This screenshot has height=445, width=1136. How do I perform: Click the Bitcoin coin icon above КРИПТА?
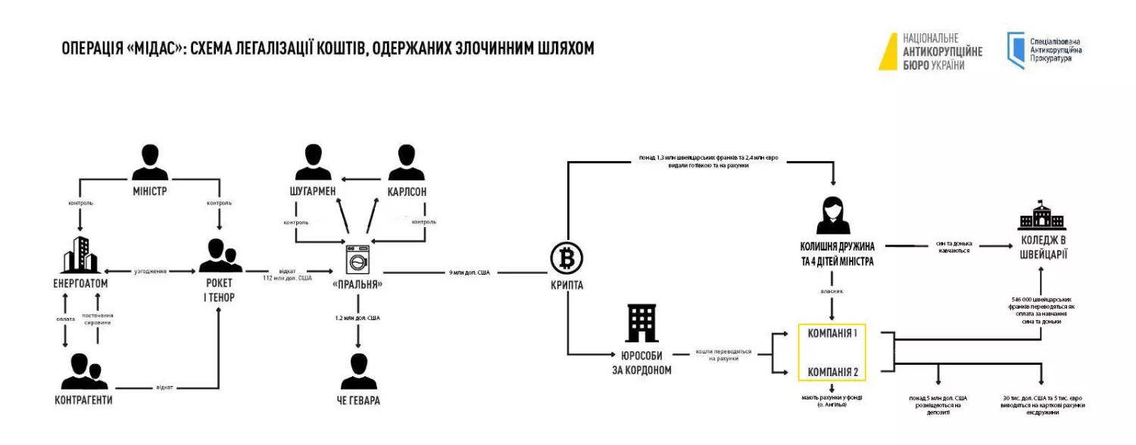tap(565, 260)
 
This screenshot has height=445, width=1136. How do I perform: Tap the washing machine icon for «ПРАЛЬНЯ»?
tap(357, 260)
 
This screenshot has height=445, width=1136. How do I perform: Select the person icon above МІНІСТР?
tap(150, 160)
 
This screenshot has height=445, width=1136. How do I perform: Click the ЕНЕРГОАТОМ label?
tap(81, 283)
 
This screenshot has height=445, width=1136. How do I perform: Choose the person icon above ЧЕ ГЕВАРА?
tap(358, 371)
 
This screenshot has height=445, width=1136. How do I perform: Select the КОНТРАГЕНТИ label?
tap(84, 399)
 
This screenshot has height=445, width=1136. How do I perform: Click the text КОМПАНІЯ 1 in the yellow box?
tap(832, 333)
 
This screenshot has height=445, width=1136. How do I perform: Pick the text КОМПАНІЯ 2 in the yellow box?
tap(832, 372)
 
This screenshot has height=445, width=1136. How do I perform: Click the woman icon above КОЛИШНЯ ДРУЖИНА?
tap(832, 215)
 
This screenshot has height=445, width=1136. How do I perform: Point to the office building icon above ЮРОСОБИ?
tap(641, 324)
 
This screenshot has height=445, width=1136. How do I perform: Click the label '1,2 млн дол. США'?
tap(357, 318)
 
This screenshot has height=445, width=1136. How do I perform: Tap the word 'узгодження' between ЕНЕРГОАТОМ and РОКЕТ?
tap(151, 270)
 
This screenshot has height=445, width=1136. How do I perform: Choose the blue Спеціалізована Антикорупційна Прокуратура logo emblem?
tap(1015, 51)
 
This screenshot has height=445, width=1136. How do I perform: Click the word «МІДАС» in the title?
tap(155, 48)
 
